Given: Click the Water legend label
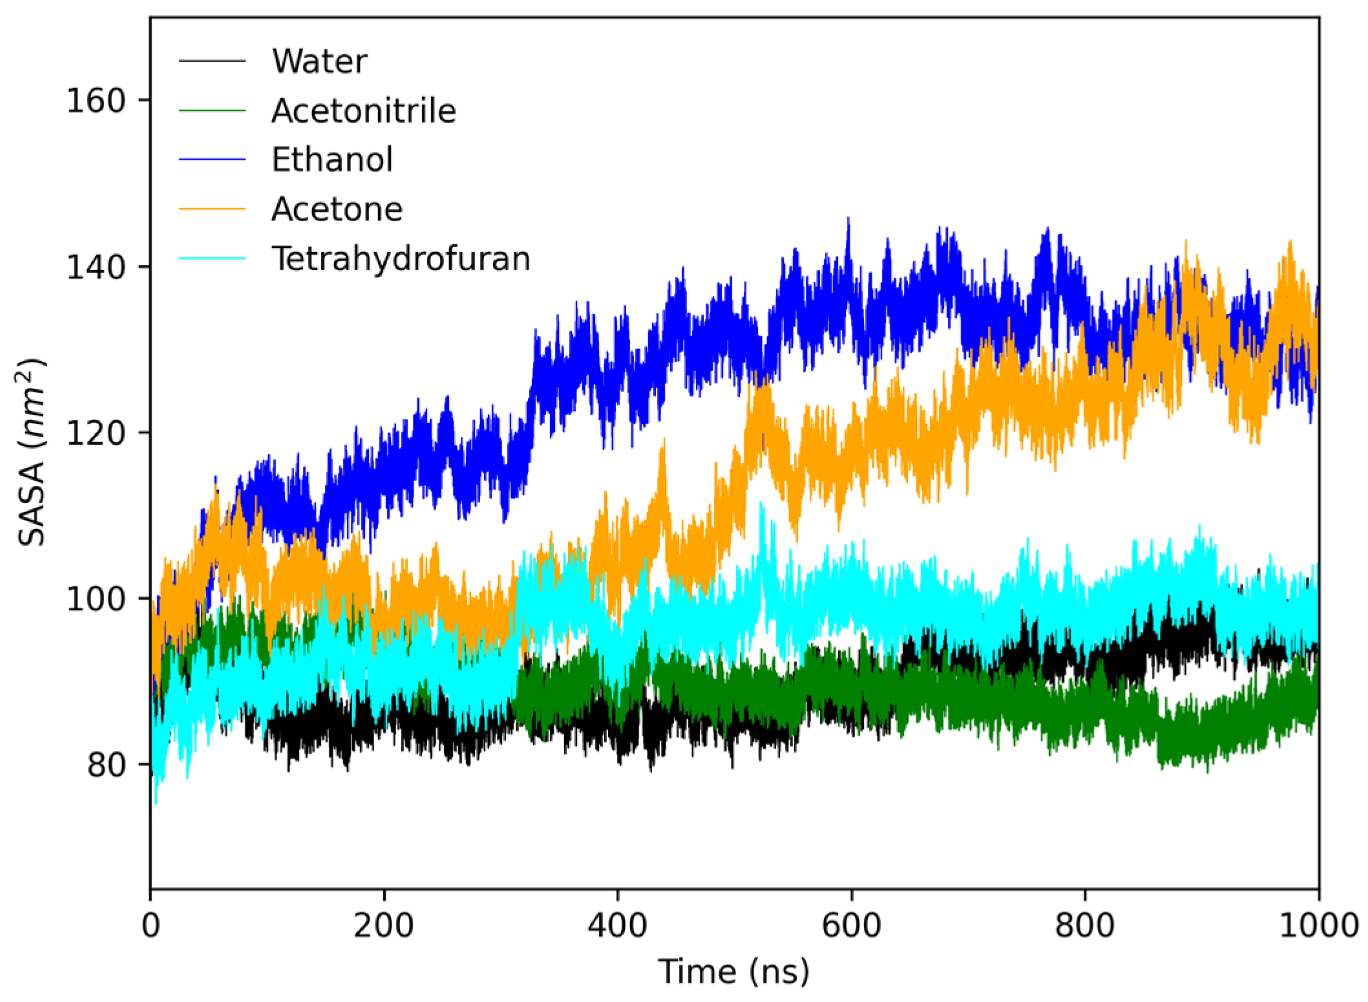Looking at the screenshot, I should coord(319,61).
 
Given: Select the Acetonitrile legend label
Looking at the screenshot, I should coord(363,111).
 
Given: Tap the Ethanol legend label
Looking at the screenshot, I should coord(331,160).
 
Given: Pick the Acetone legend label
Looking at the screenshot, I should coord(337,209).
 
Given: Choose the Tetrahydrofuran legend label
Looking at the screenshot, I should coord(401,259).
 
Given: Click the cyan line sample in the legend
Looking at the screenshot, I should coord(212,259).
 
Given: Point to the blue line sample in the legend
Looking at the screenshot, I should coord(212,160).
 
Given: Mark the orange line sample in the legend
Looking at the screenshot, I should coord(212,209).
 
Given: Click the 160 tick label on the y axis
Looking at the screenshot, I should coord(96,101).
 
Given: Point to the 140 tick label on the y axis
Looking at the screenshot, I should coord(96,266).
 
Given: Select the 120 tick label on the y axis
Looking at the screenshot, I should coord(96,432).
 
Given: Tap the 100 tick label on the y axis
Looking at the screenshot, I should coord(96,599).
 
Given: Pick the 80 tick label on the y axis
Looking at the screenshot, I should coord(106,765).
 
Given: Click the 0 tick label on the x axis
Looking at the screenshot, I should coord(151,926).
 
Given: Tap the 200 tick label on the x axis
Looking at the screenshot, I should coord(384,926).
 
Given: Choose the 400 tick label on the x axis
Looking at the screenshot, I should coord(617,926).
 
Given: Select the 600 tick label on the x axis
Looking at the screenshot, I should coord(851,926).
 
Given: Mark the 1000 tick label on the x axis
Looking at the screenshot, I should coord(1318,926).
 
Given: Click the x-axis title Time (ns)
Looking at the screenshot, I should coord(734,972).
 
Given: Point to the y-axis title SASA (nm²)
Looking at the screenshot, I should coord(31,453).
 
